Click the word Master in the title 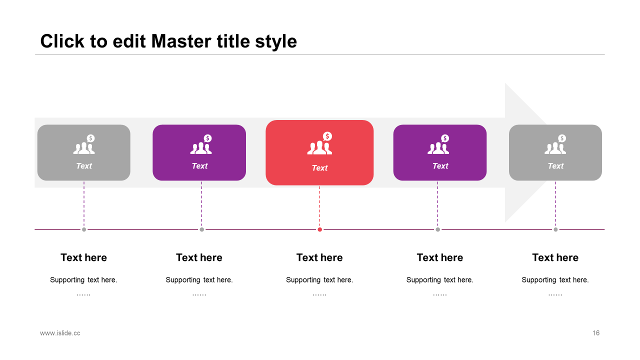pos(181,41)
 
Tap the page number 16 pos(595,333)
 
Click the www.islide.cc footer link pos(60,333)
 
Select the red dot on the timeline pos(319,229)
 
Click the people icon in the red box pos(319,147)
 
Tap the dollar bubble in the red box pos(327,136)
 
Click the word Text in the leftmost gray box pos(84,165)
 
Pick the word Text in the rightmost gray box pos(555,165)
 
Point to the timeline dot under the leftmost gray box pos(84,229)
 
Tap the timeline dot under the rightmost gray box pos(555,229)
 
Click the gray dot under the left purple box pos(201,229)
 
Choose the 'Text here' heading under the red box pos(319,257)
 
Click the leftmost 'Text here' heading pos(83,257)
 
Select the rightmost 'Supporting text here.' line pos(555,279)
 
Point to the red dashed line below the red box pos(319,206)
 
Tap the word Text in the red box pos(319,167)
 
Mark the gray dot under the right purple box pos(437,229)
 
